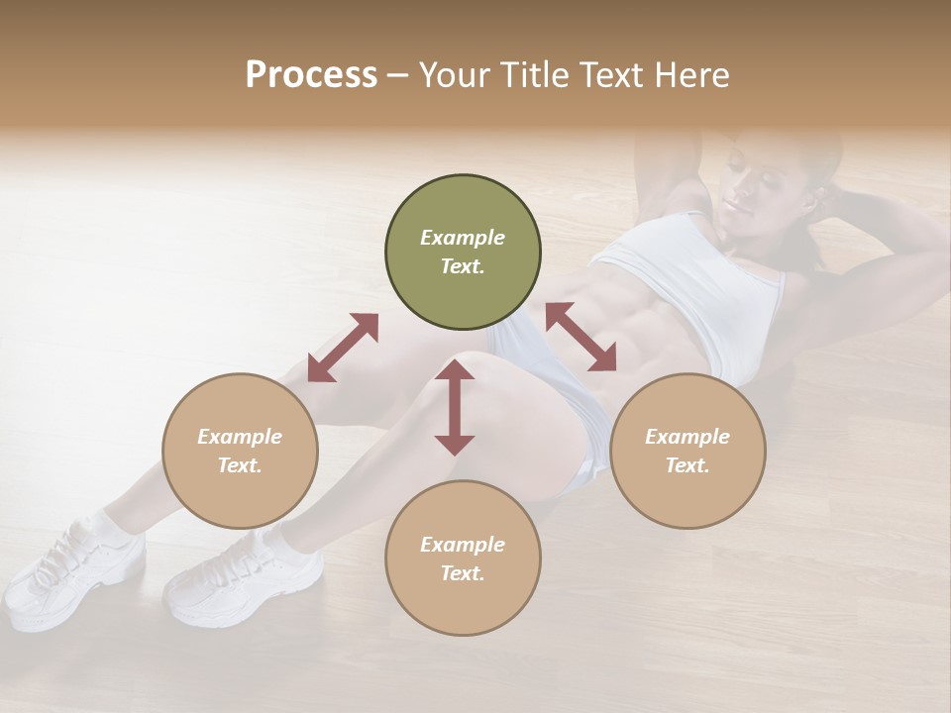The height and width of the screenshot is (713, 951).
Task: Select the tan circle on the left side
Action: click(240, 451)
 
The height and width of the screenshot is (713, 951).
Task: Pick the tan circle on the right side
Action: click(687, 451)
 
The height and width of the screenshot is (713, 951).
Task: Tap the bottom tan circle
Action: click(463, 558)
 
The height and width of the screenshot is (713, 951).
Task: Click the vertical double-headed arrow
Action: click(455, 408)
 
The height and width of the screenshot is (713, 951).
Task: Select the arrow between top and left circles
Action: click(343, 348)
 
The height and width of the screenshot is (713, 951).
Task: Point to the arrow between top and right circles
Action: click(581, 337)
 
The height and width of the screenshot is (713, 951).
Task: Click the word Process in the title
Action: click(311, 74)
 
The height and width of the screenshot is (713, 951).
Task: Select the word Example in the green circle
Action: click(463, 238)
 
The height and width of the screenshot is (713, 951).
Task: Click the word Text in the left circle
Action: click(239, 465)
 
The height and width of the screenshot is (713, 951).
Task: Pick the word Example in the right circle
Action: click(687, 437)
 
